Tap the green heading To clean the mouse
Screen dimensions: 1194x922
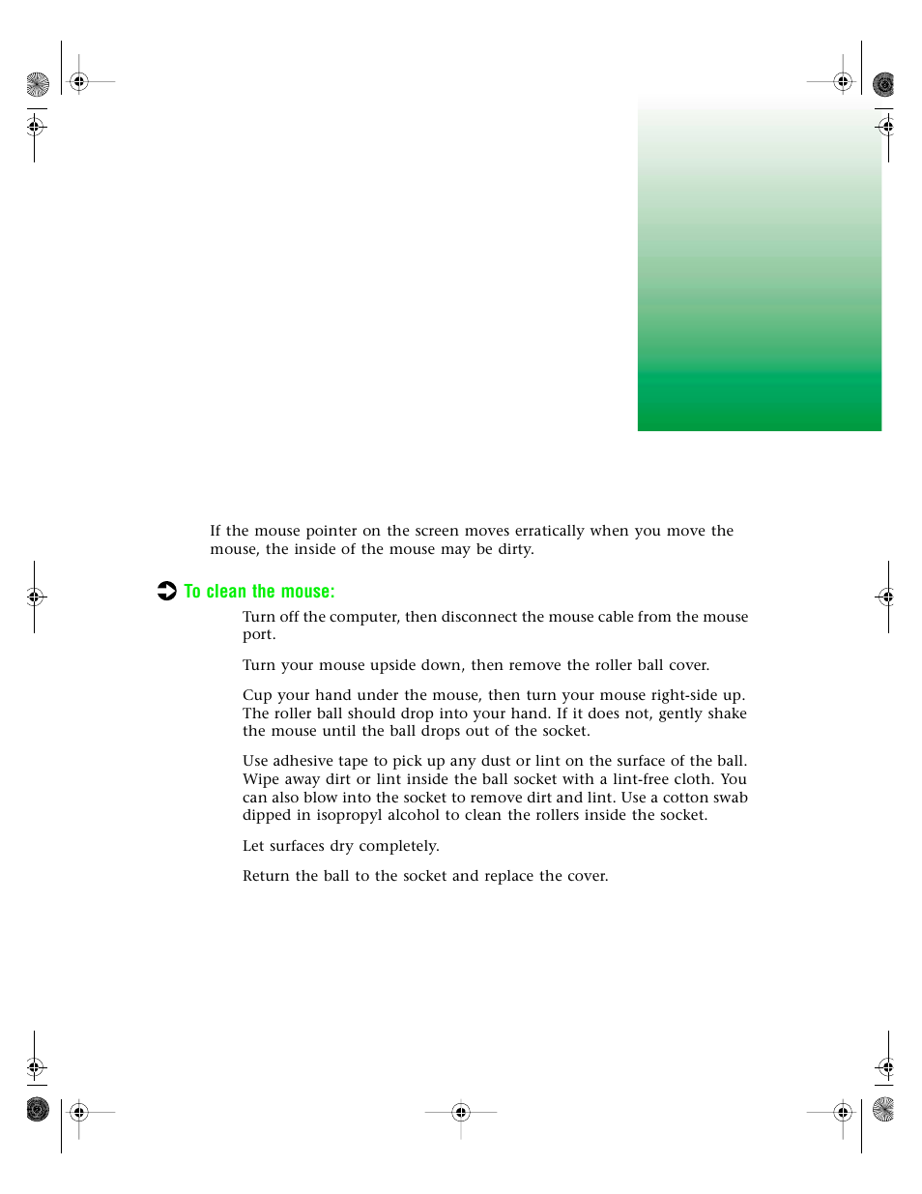pyautogui.click(x=259, y=592)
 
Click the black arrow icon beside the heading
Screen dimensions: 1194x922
pyautogui.click(x=167, y=591)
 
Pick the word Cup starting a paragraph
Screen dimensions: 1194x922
pyautogui.click(x=257, y=695)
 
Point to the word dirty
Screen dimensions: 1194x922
pyautogui.click(x=515, y=549)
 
